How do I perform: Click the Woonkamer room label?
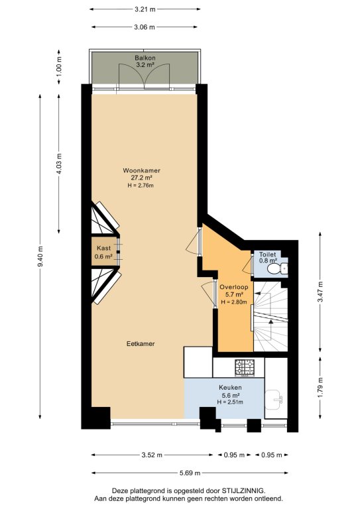141,170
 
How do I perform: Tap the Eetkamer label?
141,343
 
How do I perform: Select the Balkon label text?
145,58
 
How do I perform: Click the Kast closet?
104,253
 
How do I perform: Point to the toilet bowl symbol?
276,268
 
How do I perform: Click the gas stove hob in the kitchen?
245,368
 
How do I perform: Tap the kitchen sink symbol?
274,399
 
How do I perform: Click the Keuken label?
230,388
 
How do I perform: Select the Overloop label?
234,287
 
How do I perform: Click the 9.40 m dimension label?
40,256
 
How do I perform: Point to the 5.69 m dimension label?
190,473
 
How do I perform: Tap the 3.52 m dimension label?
152,455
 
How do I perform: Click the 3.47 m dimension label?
320,292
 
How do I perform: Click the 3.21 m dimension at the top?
145,9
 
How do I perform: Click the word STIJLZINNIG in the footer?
243,490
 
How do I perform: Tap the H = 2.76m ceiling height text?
141,186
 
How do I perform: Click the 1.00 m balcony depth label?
59,67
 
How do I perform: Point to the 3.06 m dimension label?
144,27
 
